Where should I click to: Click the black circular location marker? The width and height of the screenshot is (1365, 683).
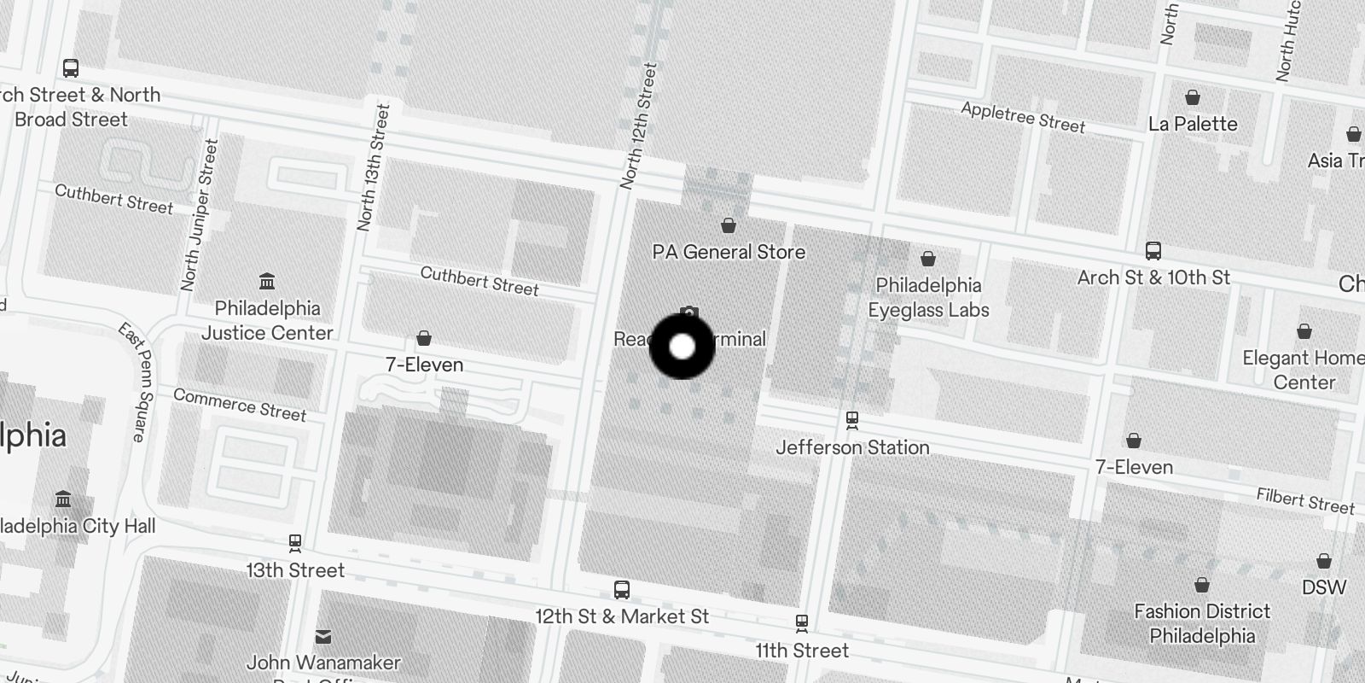(682, 347)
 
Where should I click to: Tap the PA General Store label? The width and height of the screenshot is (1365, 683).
(729, 252)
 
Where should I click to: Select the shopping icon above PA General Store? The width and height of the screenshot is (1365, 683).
(729, 225)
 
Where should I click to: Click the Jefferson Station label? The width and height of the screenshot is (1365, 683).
(852, 447)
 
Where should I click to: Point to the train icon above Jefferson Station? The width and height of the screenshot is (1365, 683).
(851, 420)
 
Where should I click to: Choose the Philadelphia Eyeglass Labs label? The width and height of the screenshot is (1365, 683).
(928, 297)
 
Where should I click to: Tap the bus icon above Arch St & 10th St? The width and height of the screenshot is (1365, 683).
(1153, 251)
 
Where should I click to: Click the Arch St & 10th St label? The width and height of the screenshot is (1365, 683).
(1153, 277)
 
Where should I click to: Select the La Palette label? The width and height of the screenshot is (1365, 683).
(1192, 124)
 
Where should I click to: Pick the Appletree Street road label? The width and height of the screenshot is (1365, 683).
(1023, 118)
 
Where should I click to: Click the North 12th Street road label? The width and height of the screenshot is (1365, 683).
(638, 126)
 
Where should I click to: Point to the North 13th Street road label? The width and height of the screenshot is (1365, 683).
(374, 168)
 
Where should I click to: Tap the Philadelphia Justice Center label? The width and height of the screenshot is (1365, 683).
(267, 320)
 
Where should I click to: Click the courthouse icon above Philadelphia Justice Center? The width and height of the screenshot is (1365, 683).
(267, 281)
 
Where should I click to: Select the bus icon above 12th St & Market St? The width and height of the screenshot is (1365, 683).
(622, 590)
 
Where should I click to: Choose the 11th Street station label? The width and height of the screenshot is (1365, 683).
(801, 651)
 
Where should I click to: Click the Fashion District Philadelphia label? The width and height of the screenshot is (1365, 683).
(1201, 623)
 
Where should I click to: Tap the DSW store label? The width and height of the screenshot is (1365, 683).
(1323, 587)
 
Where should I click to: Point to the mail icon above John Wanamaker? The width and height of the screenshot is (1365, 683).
(323, 636)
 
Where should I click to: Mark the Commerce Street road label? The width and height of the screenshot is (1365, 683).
(240, 405)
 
